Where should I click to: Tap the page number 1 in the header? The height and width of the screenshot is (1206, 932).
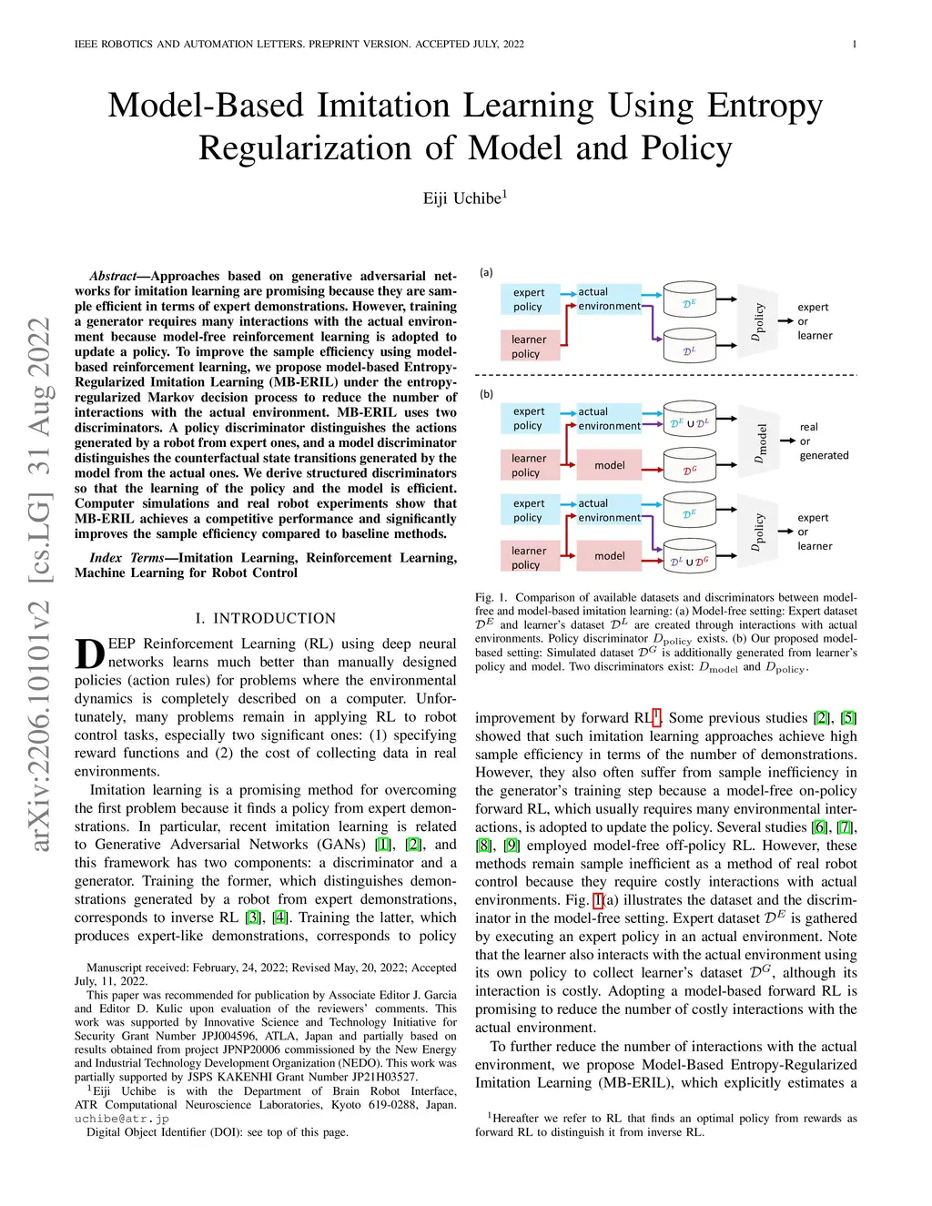coord(855,45)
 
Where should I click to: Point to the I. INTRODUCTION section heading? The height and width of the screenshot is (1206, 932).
coord(266,618)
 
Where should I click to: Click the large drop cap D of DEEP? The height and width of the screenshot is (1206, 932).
coord(90,654)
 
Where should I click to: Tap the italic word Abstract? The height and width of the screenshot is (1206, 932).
coord(113,276)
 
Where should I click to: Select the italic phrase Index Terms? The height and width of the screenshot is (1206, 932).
coord(127,557)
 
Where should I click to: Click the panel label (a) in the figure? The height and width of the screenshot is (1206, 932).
coord(486,272)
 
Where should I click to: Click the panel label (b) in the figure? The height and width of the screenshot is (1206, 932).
coord(486,395)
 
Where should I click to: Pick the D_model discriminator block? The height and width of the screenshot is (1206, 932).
coord(758,441)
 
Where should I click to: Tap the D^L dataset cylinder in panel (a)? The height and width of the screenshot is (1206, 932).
coord(690,346)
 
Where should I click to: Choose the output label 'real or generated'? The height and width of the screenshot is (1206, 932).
coord(824,441)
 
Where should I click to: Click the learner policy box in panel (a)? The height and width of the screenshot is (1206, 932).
coord(530,346)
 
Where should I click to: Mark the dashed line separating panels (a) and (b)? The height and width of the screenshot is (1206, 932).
coord(665,375)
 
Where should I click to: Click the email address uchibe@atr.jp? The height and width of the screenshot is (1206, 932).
coord(121,1119)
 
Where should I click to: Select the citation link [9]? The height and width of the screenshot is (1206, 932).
coord(511,846)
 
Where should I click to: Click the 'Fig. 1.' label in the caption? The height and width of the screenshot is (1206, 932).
coord(491,598)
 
